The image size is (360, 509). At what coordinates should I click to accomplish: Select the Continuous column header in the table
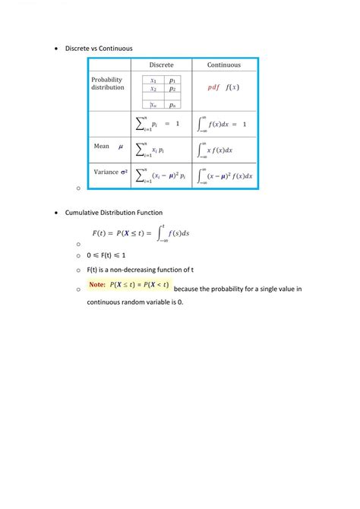[x=223, y=65]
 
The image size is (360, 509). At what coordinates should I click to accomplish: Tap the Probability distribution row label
[x=108, y=84]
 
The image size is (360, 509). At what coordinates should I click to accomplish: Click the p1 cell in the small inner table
[x=172, y=80]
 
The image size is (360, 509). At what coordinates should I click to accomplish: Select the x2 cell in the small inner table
[x=153, y=89]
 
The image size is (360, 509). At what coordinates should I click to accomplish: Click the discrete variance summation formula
[x=162, y=175]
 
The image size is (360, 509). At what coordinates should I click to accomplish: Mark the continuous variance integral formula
[x=225, y=175]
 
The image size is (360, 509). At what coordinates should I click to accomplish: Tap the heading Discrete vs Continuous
[x=99, y=48]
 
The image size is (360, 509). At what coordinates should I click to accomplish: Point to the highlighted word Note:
[x=97, y=285]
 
